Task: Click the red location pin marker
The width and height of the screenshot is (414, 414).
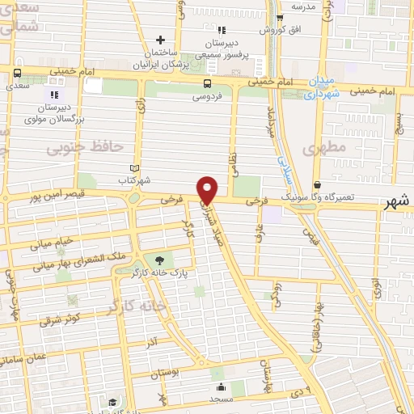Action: [208, 190]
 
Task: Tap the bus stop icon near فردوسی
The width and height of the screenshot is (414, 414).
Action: [209, 82]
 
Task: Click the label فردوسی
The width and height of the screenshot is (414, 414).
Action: [208, 96]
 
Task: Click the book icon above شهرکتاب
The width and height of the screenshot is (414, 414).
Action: [134, 168]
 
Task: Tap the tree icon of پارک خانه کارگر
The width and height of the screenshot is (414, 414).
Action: [158, 260]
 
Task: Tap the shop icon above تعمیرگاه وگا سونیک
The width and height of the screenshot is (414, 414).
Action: [317, 185]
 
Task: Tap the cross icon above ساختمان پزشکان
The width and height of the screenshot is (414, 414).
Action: [161, 40]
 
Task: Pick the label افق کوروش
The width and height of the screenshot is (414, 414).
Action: [280, 30]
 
